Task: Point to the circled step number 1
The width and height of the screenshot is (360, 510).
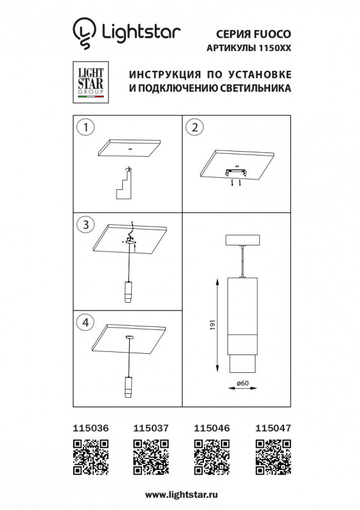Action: pos(84,127)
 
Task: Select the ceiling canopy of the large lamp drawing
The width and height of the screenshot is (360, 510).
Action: pos(242,242)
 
